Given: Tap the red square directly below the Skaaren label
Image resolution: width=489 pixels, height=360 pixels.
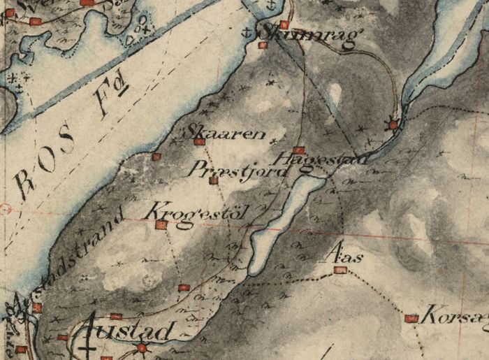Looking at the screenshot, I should [200, 142].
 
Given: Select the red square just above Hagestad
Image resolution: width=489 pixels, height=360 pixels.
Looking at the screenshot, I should [299, 150].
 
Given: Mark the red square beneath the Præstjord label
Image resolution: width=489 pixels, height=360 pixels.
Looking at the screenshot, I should [214, 180].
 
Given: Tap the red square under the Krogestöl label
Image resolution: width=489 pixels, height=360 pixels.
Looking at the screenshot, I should [161, 225].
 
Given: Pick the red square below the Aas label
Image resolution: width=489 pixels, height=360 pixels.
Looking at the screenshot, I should [340, 269].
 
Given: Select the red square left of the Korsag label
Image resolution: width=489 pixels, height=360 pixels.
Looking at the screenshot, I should [411, 319].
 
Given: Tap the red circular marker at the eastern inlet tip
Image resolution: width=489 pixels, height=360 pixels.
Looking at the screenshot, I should [393, 125].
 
